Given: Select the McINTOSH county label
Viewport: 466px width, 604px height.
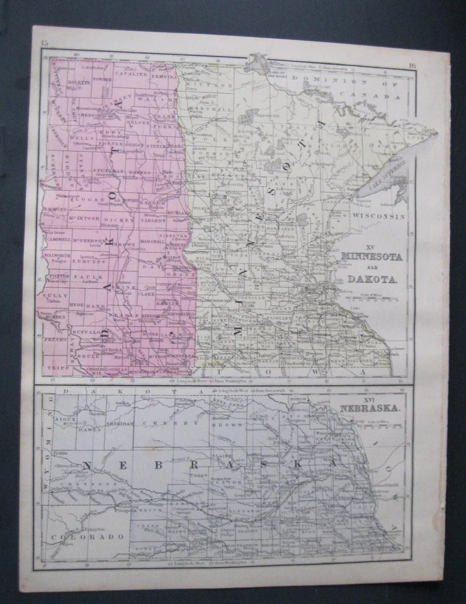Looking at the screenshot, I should [84, 220].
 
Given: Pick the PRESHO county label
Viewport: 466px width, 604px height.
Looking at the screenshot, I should [54, 339].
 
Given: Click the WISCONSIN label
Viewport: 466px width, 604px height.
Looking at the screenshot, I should [378, 216].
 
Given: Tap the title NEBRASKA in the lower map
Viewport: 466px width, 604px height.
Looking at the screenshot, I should [372, 408].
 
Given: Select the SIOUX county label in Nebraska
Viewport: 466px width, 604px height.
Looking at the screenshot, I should [64, 418].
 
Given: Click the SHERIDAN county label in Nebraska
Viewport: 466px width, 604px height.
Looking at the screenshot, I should [118, 424].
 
